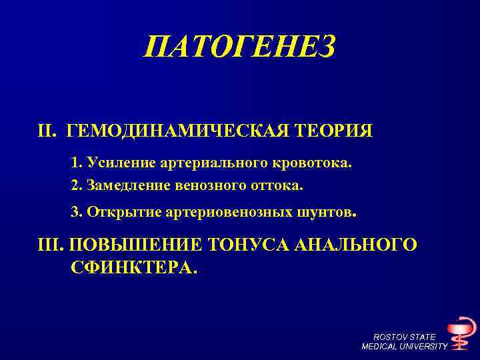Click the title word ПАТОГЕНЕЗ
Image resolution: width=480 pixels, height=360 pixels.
[240, 47]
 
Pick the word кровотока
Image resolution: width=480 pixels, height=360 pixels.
[313, 163]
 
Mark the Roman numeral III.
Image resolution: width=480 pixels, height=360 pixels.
[49, 245]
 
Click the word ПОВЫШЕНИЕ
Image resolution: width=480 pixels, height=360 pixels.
[137, 245]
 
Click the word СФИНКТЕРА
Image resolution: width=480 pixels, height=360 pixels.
[133, 267]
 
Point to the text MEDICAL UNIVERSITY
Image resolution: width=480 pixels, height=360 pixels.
[405, 347]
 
